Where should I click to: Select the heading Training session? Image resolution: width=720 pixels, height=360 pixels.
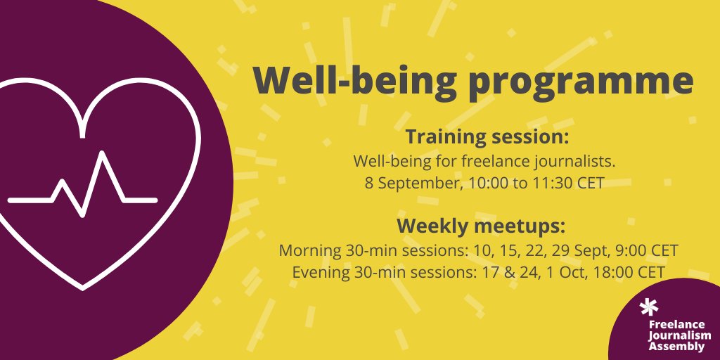tap(486, 136)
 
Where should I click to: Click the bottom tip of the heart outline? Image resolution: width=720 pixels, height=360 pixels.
tap(84, 287)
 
